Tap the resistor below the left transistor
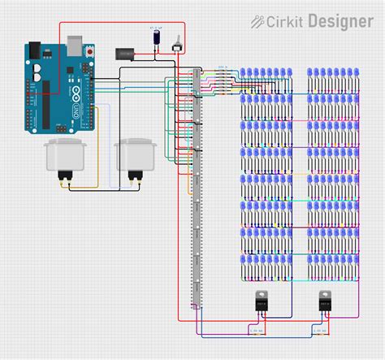coord(255,332)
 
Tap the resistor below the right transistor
coord(319,332)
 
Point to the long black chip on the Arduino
coord(50,102)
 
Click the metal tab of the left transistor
coord(262,294)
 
